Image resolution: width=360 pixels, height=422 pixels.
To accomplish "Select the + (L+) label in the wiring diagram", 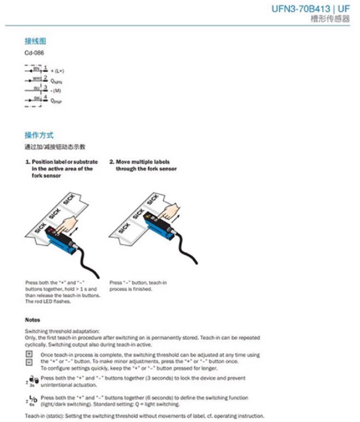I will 57,71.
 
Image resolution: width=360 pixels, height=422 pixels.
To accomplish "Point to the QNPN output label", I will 57,81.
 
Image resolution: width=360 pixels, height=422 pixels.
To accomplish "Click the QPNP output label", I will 56,100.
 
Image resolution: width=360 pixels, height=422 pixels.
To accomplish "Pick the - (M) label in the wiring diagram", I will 56,90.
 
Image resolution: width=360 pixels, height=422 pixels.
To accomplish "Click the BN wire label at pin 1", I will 36,69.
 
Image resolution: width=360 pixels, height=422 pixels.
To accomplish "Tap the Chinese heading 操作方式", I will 39,135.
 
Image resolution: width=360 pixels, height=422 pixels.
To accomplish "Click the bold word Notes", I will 32,320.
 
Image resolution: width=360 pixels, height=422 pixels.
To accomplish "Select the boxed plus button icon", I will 29,354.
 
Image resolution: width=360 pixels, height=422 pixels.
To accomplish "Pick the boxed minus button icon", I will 29,362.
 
